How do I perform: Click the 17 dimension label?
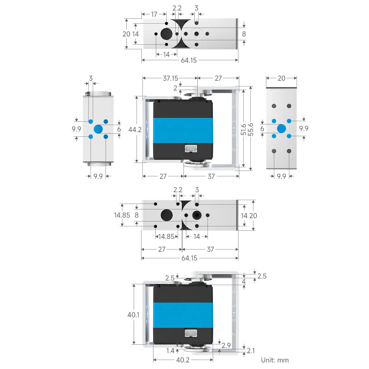tap(154, 14)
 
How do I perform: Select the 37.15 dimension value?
tap(170, 78)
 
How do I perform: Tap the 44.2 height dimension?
tap(135, 129)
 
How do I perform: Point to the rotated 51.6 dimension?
tap(244, 129)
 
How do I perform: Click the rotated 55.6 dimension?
tap(251, 129)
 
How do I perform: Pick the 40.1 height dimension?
tap(133, 315)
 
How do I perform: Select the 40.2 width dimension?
tap(183, 360)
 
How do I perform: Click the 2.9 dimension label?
tap(226, 345)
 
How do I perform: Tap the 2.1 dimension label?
tap(251, 351)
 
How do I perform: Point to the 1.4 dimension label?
tap(170, 351)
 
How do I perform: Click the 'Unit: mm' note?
tap(275, 360)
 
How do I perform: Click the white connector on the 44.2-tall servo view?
tap(191, 149)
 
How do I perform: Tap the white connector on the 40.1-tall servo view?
tap(191, 334)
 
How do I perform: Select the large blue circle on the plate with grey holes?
tap(281, 129)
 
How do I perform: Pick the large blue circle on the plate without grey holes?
tap(98, 129)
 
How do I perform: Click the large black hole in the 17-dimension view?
tap(166, 34)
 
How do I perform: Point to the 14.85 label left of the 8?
tap(122, 215)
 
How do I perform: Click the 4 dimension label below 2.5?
tap(244, 281)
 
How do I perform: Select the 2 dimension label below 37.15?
tap(175, 88)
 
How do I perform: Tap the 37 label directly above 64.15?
tap(210, 249)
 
